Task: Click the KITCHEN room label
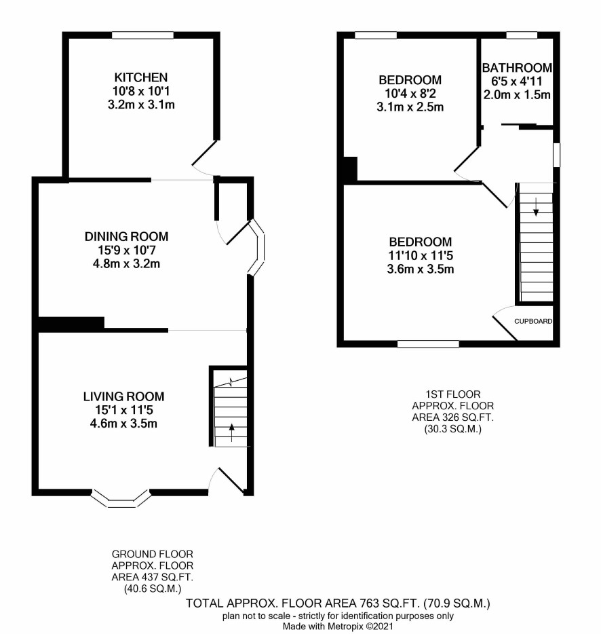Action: [140, 77]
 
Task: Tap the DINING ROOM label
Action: [126, 236]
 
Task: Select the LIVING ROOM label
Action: [123, 396]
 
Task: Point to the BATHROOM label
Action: [517, 67]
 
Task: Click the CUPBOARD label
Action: [533, 322]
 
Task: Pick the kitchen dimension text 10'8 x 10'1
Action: [140, 91]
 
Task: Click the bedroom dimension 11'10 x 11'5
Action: [421, 255]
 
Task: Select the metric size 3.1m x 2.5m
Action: [410, 107]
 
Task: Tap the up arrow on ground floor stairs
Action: [231, 432]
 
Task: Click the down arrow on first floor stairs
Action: [536, 206]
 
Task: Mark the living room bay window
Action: [121, 498]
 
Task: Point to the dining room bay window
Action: [257, 248]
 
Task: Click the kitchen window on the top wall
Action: [142, 35]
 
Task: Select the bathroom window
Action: [522, 35]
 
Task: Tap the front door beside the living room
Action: [231, 481]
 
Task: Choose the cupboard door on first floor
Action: [505, 328]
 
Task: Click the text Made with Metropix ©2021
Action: [338, 627]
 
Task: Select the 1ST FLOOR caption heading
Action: [453, 394]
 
